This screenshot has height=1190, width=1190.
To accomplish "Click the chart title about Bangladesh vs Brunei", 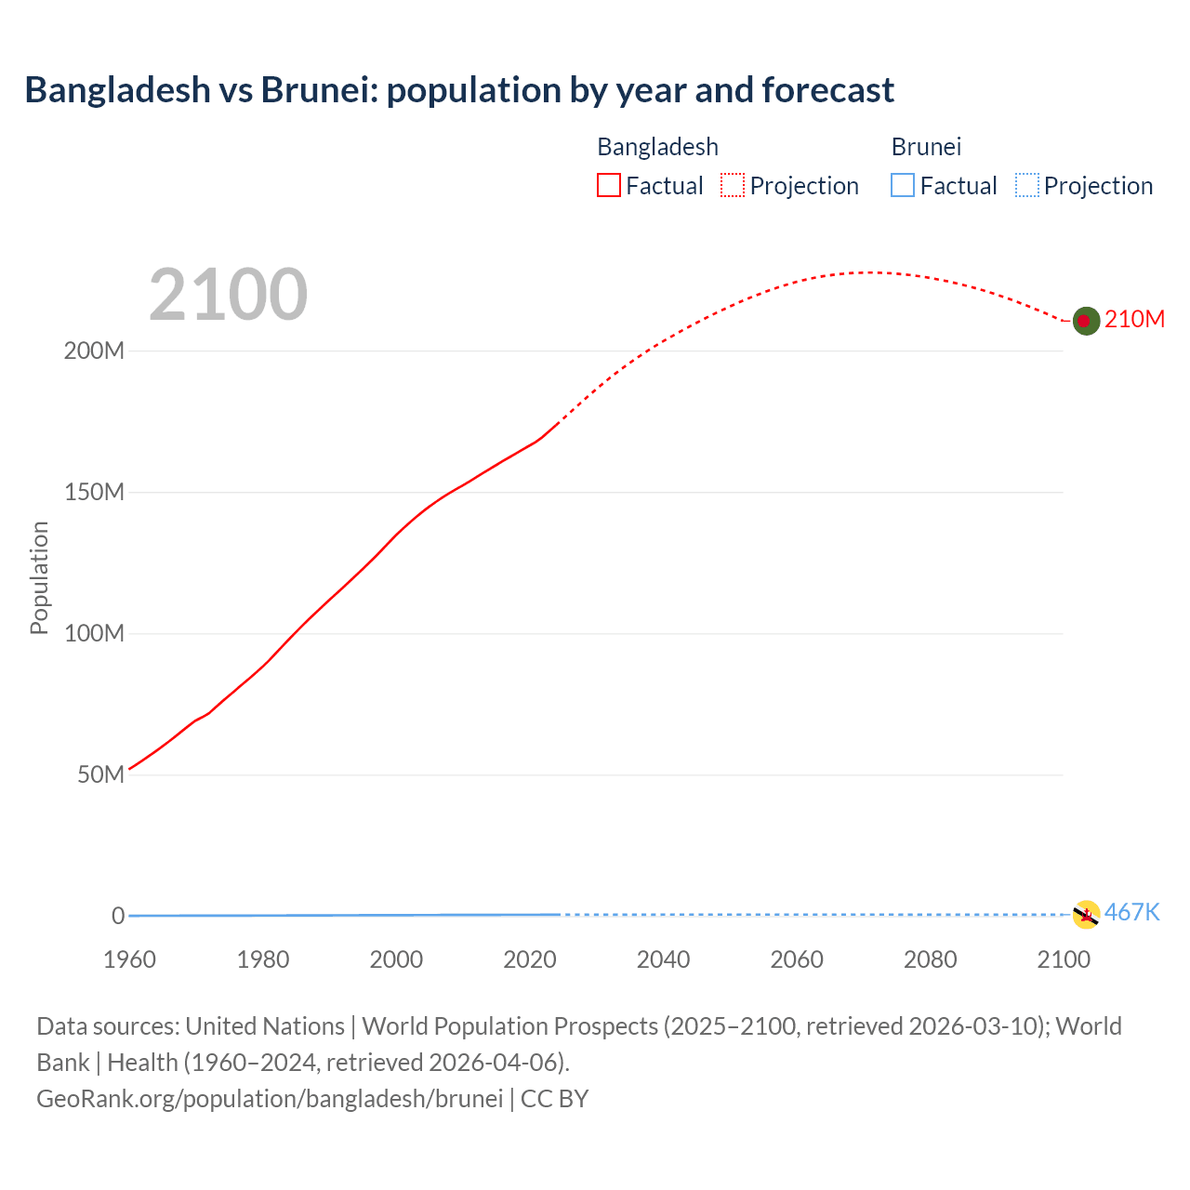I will [x=459, y=90].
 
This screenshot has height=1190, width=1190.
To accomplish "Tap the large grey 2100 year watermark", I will [x=228, y=294].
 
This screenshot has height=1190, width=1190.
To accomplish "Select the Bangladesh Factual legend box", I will [x=609, y=186].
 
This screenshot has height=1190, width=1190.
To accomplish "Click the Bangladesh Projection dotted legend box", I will [x=733, y=186].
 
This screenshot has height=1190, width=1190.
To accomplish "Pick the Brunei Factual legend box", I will [x=903, y=186].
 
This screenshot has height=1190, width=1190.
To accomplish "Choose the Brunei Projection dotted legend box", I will [x=1027, y=186].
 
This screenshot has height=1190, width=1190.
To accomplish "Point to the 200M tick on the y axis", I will [x=94, y=351].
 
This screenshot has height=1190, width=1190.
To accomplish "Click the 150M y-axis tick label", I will [x=94, y=493].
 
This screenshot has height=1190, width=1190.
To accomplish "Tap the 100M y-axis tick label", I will [x=94, y=634].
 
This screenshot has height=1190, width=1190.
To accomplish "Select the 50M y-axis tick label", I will [x=100, y=775].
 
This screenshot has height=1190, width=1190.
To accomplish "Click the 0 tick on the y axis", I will [x=118, y=916].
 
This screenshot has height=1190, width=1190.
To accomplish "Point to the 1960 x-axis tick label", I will [x=129, y=959].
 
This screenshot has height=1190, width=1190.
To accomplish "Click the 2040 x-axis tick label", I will [x=663, y=959].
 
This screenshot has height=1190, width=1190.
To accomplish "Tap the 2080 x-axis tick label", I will [x=930, y=959].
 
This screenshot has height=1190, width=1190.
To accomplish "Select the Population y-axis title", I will [x=39, y=577].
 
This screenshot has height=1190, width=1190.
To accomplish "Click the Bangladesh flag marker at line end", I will [x=1086, y=321].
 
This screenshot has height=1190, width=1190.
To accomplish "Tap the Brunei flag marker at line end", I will [x=1086, y=915].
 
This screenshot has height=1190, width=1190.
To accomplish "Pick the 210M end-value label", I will [x=1134, y=320].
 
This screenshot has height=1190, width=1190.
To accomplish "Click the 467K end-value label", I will [x=1131, y=913].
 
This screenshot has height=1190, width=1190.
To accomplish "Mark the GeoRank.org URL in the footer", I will [x=270, y=1099].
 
